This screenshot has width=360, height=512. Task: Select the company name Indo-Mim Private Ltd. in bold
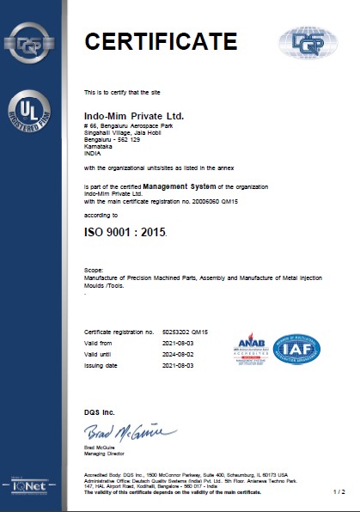click(134, 114)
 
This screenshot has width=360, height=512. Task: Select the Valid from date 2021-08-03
click(179, 341)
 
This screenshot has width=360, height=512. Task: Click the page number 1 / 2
click(338, 491)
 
